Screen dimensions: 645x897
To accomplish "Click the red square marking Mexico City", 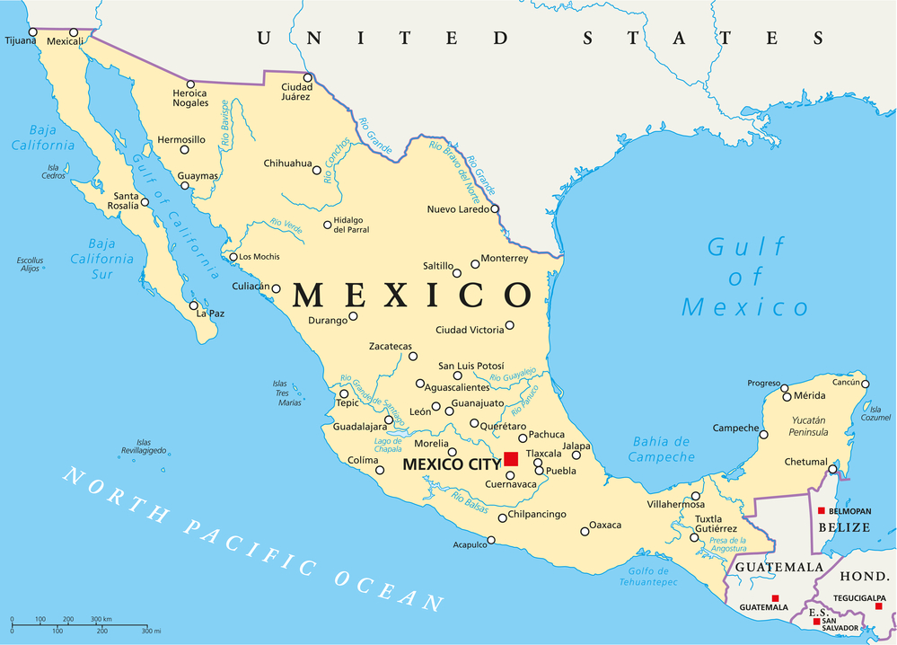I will point(511,459).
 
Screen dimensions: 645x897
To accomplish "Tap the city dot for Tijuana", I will point(32,32).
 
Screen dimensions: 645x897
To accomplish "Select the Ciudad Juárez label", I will point(296,93).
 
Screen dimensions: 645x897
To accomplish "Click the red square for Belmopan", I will point(821,510).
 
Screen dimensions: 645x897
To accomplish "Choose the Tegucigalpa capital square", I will point(879,606).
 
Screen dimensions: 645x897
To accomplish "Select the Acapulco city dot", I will point(491,541).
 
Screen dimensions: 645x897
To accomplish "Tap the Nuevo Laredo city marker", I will point(495,209).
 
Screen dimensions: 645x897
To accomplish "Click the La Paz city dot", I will point(194,305).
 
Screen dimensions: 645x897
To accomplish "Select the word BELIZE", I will point(843,527).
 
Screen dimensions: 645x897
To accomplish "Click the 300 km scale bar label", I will point(101,620).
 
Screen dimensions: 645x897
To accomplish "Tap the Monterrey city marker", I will point(475,264).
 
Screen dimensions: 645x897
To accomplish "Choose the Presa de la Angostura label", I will point(727,543).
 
